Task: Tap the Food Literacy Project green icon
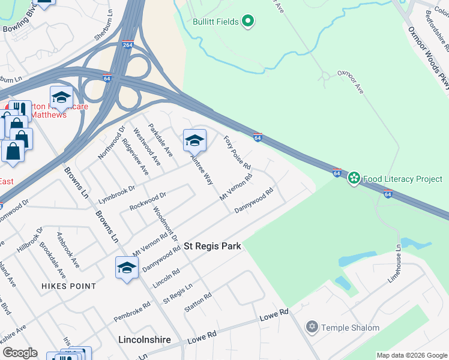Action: coord(354,178)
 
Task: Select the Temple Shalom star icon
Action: coord(311,328)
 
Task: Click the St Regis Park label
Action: coord(212,246)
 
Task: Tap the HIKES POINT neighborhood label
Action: coord(68,286)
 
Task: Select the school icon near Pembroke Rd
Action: coord(127,268)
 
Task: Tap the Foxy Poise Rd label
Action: coord(237,152)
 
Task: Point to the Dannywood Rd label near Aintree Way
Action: coord(254,202)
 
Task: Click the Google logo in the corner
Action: coord(19,353)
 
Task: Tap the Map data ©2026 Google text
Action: coord(411,355)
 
